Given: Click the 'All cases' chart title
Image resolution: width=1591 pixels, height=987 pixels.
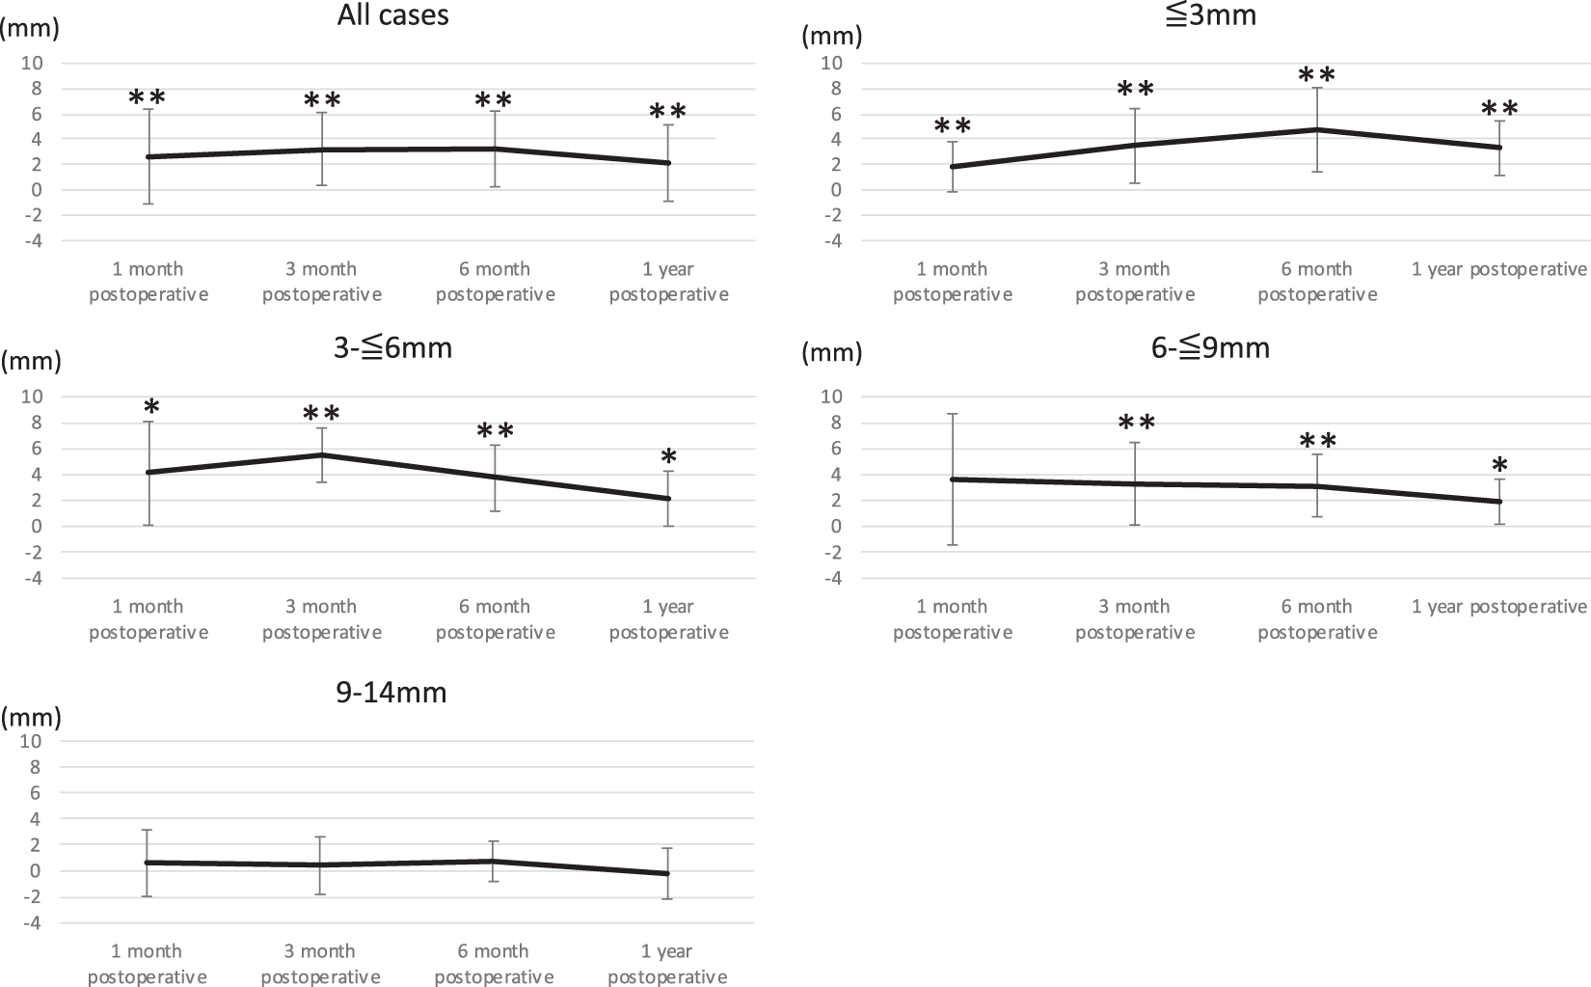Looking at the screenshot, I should coord(392,15).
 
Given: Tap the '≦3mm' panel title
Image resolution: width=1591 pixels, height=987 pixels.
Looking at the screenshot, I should coord(1210,15).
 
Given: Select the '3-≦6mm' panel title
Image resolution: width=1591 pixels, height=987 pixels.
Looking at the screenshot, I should coord(392,347).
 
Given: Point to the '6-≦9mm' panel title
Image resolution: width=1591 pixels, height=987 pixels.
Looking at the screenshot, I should coord(1210,347).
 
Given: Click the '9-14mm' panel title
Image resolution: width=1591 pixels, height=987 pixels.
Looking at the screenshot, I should coord(391,692).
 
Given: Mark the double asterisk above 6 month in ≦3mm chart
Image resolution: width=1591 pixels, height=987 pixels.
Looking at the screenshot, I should coord(1316,75).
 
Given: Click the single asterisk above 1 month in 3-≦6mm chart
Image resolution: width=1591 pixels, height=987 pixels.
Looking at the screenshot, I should coord(150,408).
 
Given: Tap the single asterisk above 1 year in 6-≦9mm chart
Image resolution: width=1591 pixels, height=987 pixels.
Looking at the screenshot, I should coord(1499,466).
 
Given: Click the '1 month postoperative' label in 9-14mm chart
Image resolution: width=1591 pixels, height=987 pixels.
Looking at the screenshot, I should coord(147,964).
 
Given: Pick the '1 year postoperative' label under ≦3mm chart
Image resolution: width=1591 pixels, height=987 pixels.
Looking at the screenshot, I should coord(1498,269).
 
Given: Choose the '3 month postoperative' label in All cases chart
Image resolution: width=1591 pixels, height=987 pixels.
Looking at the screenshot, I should coord(321,282).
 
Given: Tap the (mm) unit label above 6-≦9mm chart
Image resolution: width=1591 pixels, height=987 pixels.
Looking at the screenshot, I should coord(832,353).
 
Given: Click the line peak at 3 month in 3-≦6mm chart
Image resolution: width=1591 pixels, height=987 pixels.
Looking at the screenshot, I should coord(321,455).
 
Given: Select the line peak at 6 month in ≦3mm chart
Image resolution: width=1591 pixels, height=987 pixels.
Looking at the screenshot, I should coord(1317,129).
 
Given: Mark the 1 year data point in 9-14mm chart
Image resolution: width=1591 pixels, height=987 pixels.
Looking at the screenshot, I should coord(667,873).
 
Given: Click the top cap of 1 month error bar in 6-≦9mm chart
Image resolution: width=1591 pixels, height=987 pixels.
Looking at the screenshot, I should coord(952,414).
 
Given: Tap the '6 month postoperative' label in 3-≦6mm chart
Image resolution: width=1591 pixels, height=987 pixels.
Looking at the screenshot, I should coord(495,619).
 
